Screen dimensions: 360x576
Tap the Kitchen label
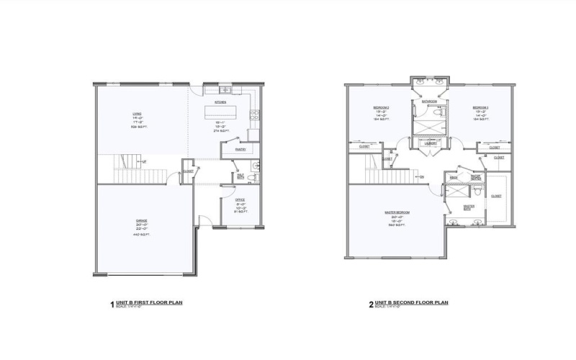coord(221,103)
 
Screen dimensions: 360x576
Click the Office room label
coord(240,200)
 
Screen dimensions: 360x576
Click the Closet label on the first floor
coord(187,171)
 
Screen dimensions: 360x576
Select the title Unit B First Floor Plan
coord(149,302)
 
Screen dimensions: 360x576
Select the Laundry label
coord(431,143)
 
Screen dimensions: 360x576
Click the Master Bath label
coord(469,207)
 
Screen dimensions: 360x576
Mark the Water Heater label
coord(476,176)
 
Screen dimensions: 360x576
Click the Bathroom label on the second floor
coord(431,102)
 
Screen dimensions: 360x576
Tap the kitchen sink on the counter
coord(225,90)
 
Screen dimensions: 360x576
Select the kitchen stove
coord(253,115)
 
